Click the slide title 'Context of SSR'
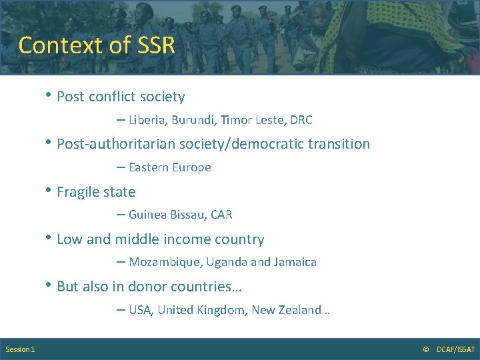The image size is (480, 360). (97, 45)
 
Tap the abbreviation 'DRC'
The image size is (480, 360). (301, 121)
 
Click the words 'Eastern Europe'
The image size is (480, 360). (170, 168)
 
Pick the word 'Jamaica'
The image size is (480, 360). (294, 263)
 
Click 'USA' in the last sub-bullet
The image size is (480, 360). (140, 311)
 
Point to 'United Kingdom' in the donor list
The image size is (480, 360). (201, 311)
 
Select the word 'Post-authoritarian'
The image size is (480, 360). (114, 145)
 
